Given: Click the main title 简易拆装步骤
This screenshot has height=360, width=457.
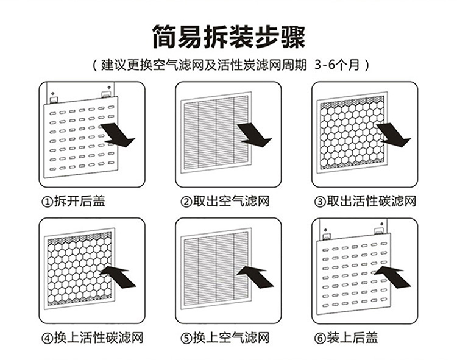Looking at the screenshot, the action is [x=228, y=37].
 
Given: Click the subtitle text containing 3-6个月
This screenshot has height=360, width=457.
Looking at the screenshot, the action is [x=231, y=65].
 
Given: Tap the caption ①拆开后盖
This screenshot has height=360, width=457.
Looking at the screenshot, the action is [x=74, y=201].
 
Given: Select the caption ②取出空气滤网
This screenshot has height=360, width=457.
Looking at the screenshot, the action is [x=225, y=201].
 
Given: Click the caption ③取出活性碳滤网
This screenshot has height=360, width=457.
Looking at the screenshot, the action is [x=365, y=201].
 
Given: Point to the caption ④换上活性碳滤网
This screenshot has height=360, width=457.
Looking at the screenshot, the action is [x=93, y=337].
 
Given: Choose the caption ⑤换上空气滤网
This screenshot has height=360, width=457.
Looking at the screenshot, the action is [x=225, y=337].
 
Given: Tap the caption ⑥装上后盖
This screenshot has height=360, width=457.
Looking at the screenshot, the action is [x=346, y=337].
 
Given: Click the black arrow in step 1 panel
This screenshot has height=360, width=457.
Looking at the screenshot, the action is [x=118, y=135].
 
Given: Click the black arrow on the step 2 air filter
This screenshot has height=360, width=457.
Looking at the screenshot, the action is [x=255, y=135].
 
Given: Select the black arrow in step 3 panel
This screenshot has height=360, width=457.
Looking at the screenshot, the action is [x=394, y=135].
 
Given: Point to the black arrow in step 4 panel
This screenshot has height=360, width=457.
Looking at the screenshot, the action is [x=118, y=277].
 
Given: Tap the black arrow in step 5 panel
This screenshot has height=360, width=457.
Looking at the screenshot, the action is [x=255, y=277].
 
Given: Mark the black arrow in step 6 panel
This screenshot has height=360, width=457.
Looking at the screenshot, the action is [x=392, y=276].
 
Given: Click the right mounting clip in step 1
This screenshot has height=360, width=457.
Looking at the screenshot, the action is [x=105, y=94].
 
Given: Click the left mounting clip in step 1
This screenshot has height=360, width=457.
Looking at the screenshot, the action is [x=54, y=100].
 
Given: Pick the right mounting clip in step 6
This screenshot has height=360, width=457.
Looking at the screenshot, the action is [x=378, y=231].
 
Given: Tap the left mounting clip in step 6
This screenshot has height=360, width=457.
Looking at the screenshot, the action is [x=327, y=236].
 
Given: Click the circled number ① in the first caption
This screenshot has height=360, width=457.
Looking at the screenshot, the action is [x=47, y=202].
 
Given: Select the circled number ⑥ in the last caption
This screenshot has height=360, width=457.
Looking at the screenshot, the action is [x=320, y=338].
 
